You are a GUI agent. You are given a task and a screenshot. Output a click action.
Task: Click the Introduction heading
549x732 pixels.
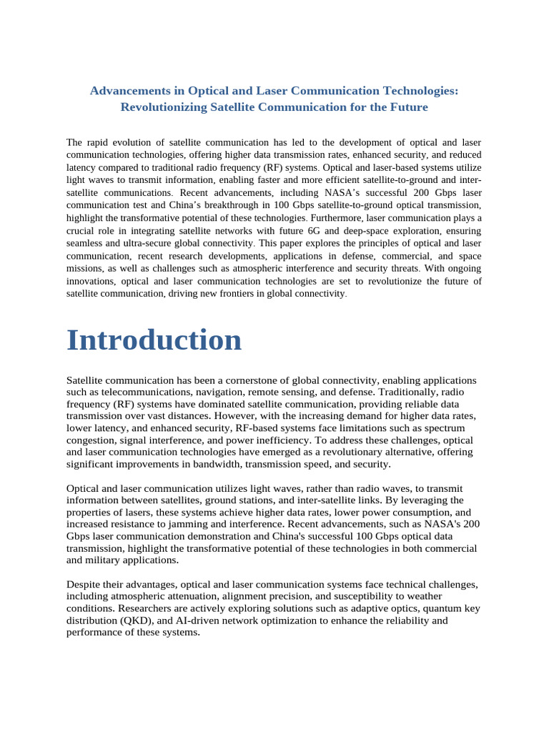click(154, 340)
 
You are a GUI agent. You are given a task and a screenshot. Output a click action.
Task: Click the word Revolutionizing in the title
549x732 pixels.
click(164, 107)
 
